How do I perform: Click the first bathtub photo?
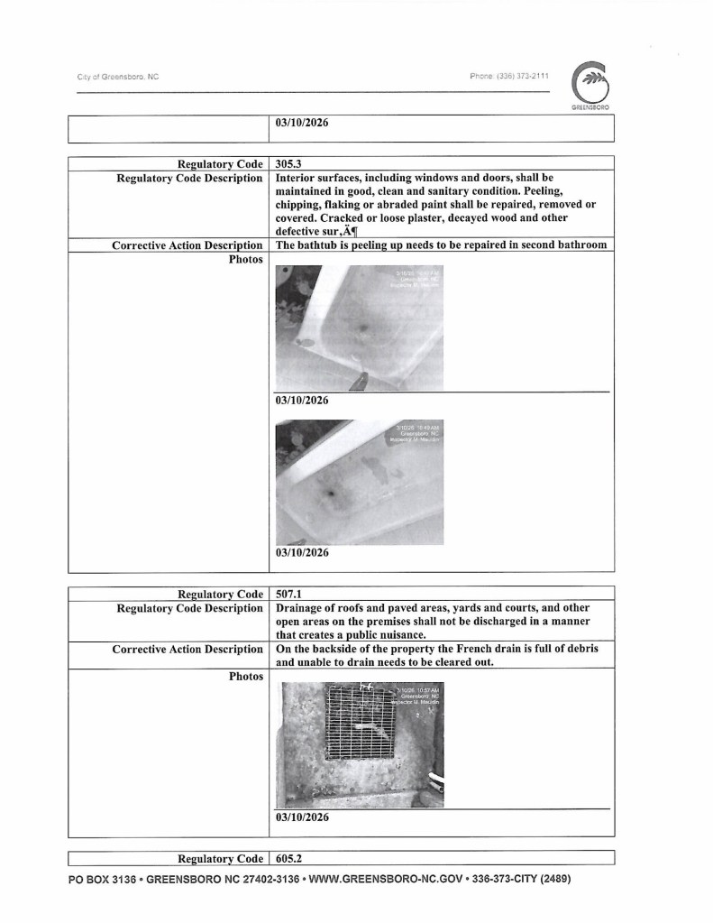[359, 326]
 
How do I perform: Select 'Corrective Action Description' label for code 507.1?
[187, 649]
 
